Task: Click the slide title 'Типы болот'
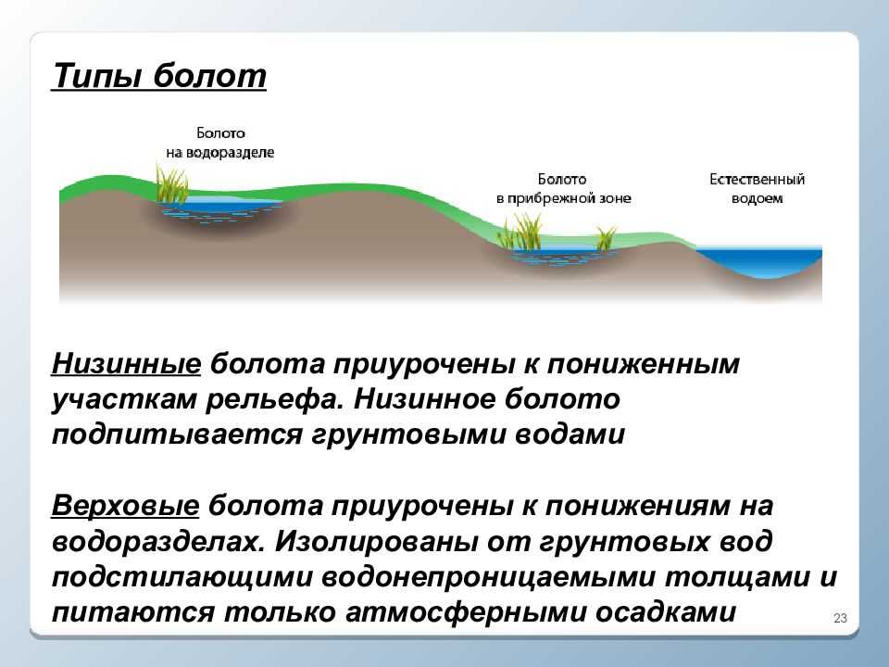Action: [158, 76]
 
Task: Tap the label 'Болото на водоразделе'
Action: [220, 143]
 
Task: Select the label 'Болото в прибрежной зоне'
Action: [563, 189]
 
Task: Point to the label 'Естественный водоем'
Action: [757, 189]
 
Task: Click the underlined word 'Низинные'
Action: [126, 364]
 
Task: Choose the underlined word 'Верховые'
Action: [125, 506]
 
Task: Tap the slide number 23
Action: [840, 618]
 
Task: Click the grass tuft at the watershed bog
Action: [172, 183]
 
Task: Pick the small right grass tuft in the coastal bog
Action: [606, 238]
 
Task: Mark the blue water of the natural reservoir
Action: [758, 260]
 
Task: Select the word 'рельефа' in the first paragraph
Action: [275, 400]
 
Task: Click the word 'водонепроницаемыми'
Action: [489, 577]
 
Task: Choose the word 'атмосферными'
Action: [465, 613]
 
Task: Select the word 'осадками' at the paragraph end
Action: [666, 612]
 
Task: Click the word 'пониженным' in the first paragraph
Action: [644, 363]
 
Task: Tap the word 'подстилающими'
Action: [182, 577]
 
